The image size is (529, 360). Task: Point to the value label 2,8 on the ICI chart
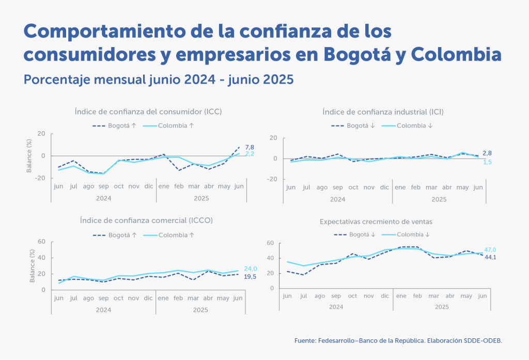pos(487,153)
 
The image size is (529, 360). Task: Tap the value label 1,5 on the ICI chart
pos(487,162)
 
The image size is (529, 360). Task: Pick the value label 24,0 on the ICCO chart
pos(251,269)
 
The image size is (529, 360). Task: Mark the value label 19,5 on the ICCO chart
pos(251,276)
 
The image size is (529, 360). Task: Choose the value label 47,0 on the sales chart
pos(490,250)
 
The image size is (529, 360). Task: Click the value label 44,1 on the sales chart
pos(490,257)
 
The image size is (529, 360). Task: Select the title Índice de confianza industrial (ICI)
pos(383,112)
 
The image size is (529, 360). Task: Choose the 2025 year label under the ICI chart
pos(439,199)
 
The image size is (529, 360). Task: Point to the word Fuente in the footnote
pos(305,341)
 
